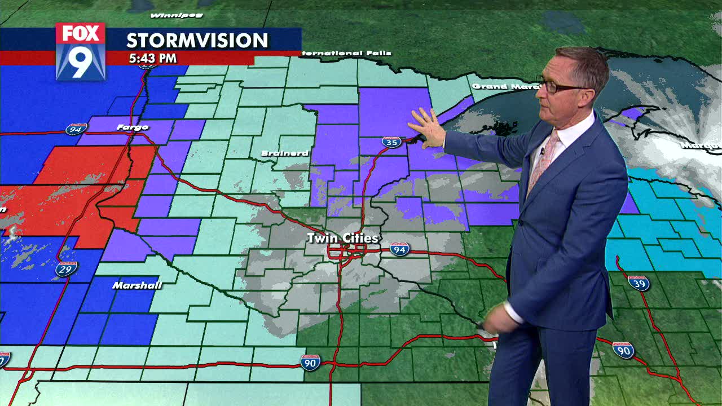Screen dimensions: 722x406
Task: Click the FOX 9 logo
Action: pos(81,51)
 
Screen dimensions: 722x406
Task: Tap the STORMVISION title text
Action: pos(197,41)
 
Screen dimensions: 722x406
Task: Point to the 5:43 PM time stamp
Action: pos(152,58)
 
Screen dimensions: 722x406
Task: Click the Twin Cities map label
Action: pos(342,239)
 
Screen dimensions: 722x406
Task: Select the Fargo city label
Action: pos(133,127)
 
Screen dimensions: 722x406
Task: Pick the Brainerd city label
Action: pos(285,153)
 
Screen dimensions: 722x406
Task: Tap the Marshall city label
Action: pos(137,285)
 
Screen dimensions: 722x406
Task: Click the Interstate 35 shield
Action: pos(391,142)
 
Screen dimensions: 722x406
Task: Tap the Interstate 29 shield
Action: pos(67,269)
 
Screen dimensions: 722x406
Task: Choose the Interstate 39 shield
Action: pos(639,283)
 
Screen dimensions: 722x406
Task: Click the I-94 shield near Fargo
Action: pos(76,130)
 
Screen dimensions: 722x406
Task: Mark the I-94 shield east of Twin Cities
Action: pos(399,249)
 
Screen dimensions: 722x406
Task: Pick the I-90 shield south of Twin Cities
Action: pos(310,361)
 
